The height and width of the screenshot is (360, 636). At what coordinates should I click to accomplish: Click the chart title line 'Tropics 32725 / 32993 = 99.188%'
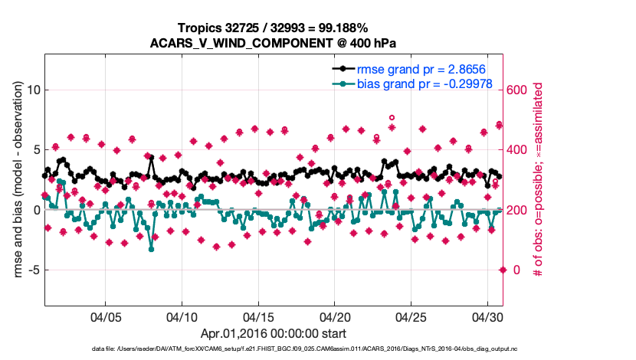click(272, 28)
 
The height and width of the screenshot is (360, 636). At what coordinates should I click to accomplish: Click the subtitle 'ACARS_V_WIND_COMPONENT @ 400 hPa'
click(272, 42)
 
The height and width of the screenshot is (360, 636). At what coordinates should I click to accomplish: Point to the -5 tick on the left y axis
click(30, 270)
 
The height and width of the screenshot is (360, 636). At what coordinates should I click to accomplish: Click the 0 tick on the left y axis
click(34, 210)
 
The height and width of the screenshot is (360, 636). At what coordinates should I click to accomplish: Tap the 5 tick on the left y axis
click(34, 150)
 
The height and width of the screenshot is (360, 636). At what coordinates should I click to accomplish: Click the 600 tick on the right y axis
click(518, 90)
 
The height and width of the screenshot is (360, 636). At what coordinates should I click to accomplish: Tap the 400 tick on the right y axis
click(518, 150)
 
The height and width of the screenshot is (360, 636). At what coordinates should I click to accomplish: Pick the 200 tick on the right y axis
click(518, 210)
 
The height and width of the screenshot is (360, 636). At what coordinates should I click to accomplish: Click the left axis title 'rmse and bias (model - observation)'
click(14, 181)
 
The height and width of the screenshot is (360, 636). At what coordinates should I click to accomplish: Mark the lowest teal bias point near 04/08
click(152, 249)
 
